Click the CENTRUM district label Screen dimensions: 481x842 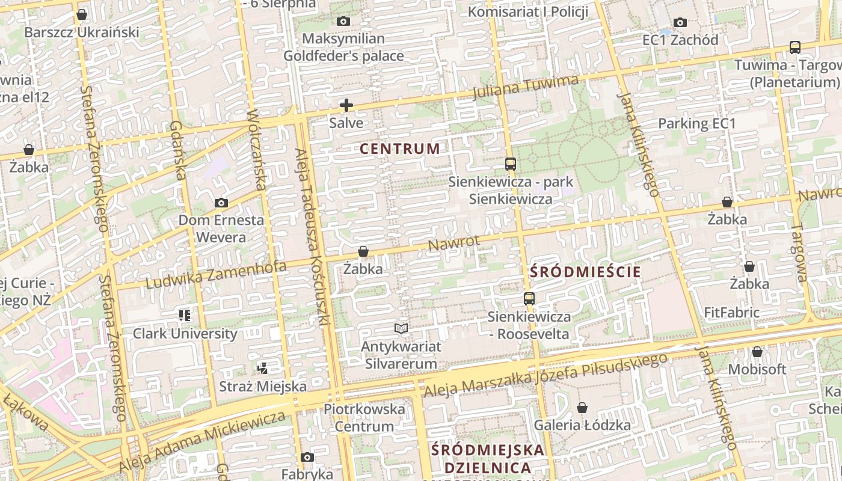pyautogui.click(x=400, y=149)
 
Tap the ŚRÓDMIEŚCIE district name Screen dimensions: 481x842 pyautogui.click(x=585, y=272)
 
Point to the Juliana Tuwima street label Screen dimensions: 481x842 pyautogui.click(x=526, y=87)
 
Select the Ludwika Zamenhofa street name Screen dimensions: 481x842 pyautogui.click(x=216, y=275)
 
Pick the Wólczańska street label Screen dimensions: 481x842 pyautogui.click(x=256, y=150)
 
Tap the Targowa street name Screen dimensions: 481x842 pyautogui.click(x=799, y=253)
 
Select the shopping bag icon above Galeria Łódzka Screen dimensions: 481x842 pyautogui.click(x=582, y=408)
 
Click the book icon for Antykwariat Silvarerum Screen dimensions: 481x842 pyautogui.click(x=401, y=328)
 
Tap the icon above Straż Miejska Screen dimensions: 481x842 pyautogui.click(x=262, y=368)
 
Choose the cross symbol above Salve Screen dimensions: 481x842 pyautogui.click(x=346, y=105)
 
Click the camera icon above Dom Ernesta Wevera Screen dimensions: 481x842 pyautogui.click(x=221, y=203)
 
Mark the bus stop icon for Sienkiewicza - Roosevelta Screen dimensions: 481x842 pyautogui.click(x=529, y=298)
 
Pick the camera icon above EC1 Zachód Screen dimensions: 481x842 pyautogui.click(x=680, y=22)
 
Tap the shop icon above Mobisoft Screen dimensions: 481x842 pyautogui.click(x=757, y=351)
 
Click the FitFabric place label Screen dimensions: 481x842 pyautogui.click(x=731, y=313)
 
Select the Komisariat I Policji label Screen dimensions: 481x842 pyautogui.click(x=527, y=12)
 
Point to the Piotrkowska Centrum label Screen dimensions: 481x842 pyautogui.click(x=364, y=417)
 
